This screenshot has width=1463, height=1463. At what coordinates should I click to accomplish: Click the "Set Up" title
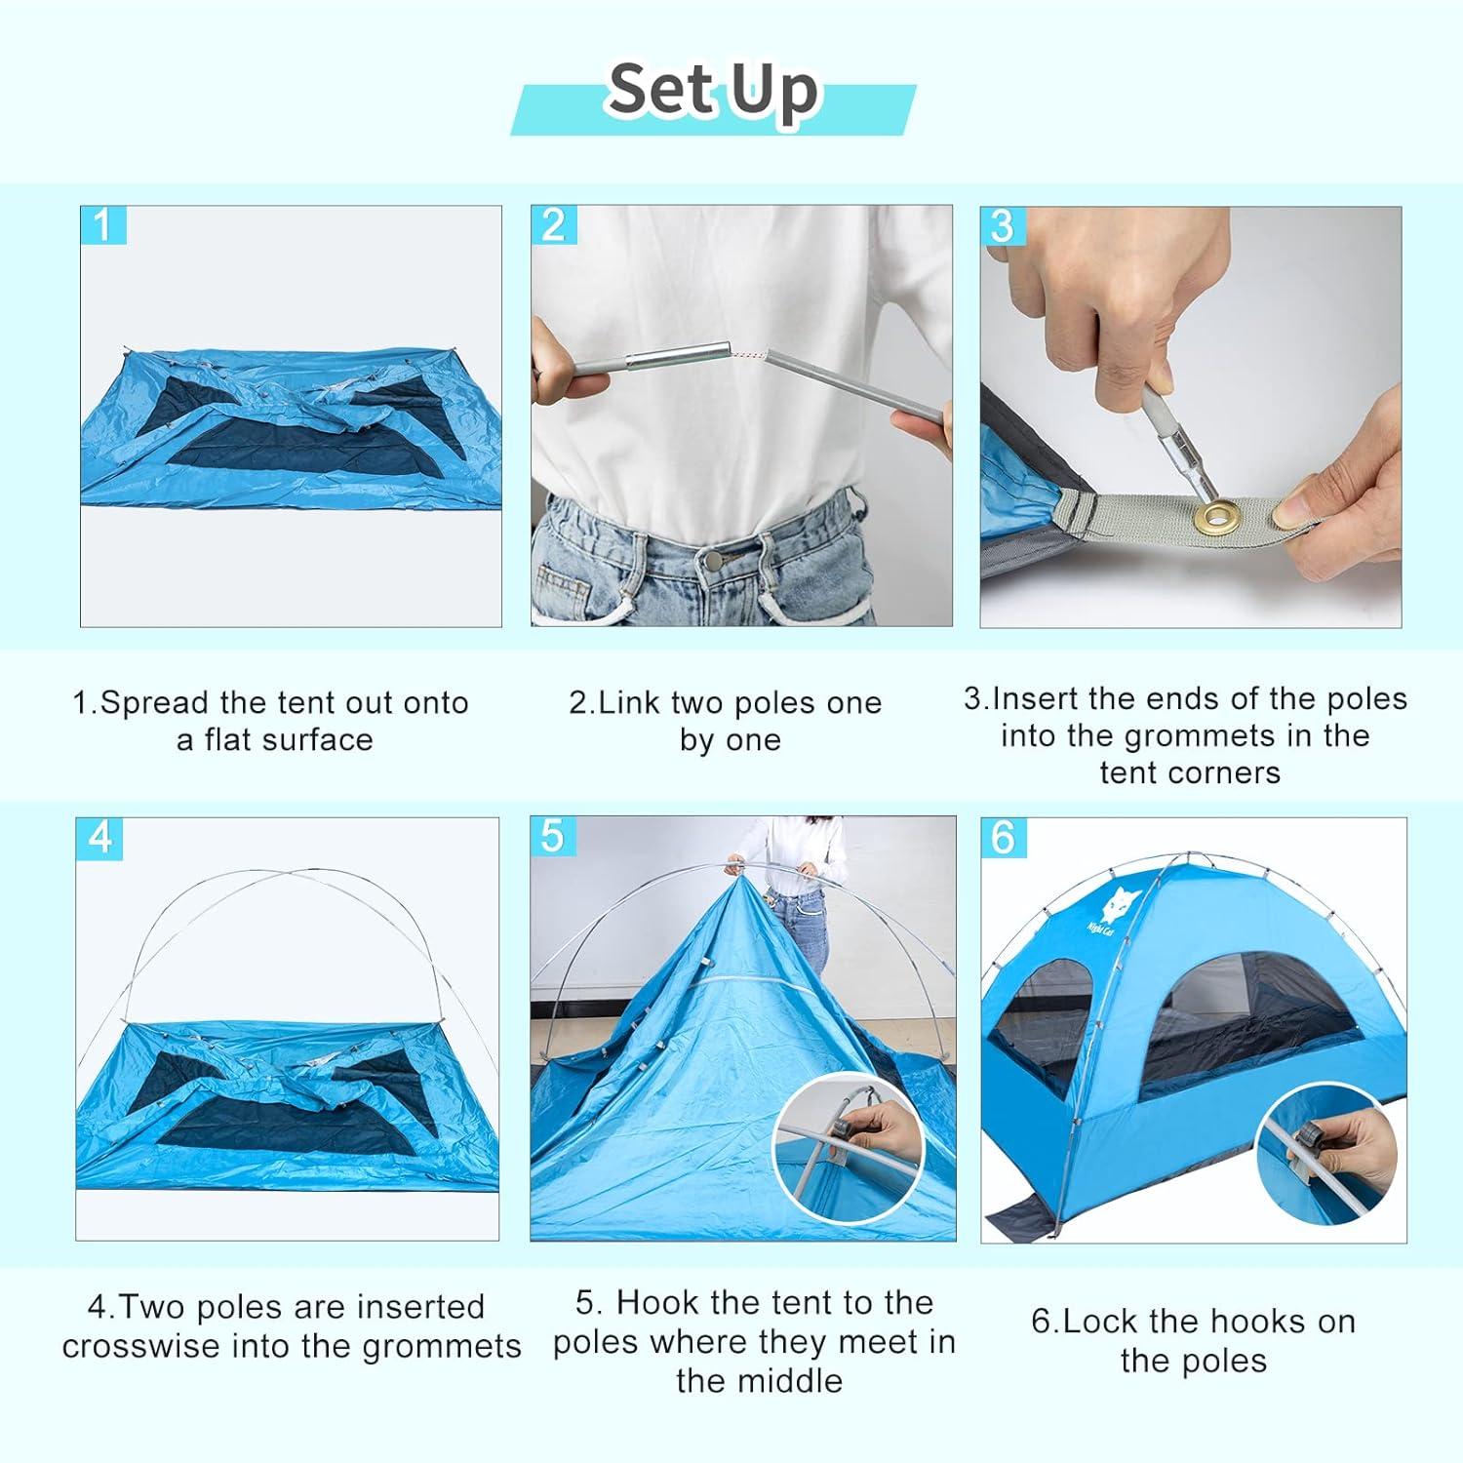pos(713,92)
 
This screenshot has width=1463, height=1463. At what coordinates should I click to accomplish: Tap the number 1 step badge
pos(103,225)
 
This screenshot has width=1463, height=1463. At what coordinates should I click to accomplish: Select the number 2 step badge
pos(553,225)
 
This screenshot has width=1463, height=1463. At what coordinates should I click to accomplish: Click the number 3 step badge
pos(1002,225)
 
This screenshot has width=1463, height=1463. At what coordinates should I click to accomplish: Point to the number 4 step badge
pos(99,838)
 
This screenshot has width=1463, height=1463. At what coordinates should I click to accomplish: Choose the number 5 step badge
pos(552,837)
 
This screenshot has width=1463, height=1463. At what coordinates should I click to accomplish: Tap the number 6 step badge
pos(1004,838)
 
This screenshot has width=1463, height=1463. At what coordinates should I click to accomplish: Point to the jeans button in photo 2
pos(712,560)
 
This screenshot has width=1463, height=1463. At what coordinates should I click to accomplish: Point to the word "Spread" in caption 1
pos(154,702)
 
